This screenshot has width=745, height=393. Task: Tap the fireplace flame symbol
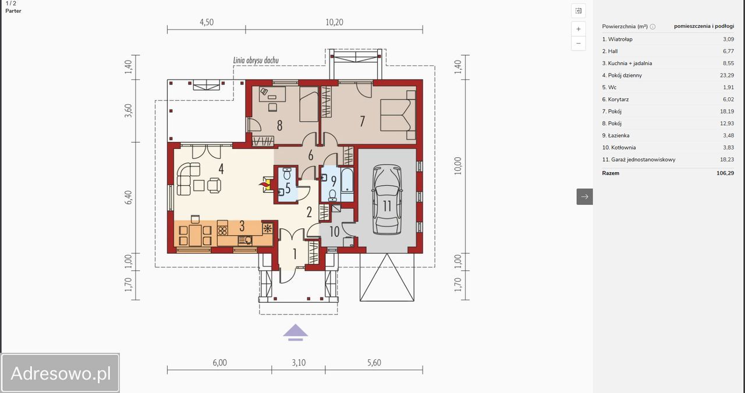point(264,184)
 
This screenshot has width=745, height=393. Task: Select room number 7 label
point(362,121)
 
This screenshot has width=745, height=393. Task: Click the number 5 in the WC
point(288,188)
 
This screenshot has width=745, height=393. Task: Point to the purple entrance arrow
point(295,332)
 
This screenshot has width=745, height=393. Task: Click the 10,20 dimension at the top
point(334,22)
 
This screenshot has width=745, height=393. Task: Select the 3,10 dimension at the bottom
point(299,363)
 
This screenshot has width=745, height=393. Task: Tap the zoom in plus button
point(579,29)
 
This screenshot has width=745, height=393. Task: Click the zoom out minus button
point(579,43)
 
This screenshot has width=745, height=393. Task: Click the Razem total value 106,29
point(725,173)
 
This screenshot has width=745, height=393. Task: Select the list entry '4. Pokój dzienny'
point(622,75)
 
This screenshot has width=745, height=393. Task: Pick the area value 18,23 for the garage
point(727,160)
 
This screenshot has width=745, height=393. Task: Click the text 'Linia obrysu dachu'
point(256,60)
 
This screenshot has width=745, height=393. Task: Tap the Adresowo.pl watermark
point(61,373)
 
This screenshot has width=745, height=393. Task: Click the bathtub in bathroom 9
point(347,180)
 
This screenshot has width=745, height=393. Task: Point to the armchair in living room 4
point(214,185)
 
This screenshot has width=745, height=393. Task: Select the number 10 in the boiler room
point(334,232)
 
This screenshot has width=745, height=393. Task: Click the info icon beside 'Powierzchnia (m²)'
point(652,27)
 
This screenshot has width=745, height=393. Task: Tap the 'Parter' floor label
point(13,10)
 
